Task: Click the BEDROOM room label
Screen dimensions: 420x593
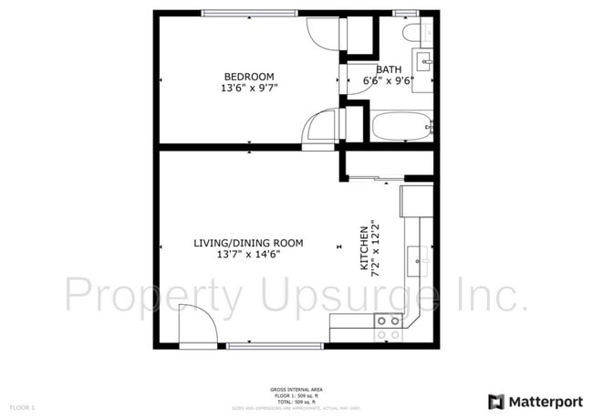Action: coord(249,76)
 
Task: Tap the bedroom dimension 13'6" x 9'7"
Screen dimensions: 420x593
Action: coord(249,89)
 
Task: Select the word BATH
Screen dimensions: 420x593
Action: coord(389,68)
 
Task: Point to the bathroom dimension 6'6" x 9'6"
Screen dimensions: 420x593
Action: coord(389,80)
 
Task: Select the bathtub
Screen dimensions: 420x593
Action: coord(401,126)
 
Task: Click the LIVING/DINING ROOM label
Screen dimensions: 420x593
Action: coord(248,243)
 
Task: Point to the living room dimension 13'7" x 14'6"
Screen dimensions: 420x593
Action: coord(248,255)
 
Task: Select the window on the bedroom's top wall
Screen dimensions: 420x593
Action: coord(249,13)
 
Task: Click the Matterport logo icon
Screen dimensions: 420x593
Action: coord(496,401)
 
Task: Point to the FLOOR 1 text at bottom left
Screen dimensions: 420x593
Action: coord(22,406)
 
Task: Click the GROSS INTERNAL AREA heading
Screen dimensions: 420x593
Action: coord(296,390)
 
